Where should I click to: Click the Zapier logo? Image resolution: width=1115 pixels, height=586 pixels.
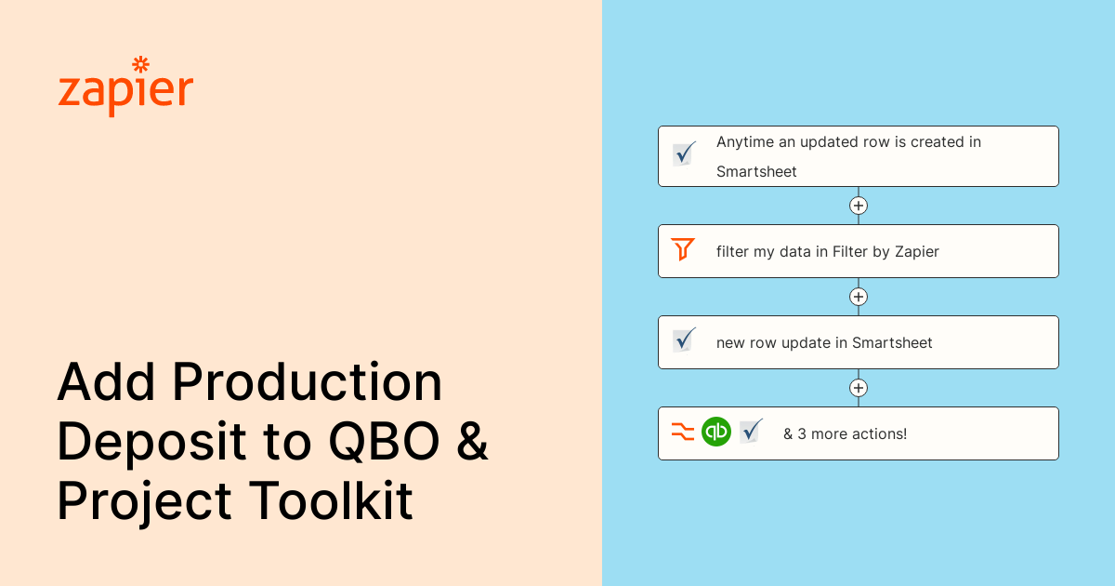(x=125, y=87)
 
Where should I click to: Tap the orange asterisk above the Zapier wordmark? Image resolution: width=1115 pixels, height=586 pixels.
(x=141, y=64)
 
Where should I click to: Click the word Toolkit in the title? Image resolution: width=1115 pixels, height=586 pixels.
(x=331, y=501)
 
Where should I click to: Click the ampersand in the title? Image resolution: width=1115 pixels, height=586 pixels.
(x=472, y=443)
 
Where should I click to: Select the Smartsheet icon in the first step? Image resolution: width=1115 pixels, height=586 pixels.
(x=685, y=154)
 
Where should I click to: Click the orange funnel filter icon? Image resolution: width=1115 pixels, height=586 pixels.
(x=683, y=249)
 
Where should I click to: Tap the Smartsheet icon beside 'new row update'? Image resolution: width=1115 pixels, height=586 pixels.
(x=685, y=340)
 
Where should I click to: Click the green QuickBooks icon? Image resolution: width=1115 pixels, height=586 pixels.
(x=716, y=432)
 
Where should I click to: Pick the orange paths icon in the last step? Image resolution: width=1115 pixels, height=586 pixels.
(x=683, y=432)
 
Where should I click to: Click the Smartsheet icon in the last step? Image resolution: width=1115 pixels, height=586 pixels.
(x=751, y=431)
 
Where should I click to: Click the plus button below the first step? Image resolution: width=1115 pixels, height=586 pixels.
(x=859, y=206)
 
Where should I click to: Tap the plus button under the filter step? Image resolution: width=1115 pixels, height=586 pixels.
(x=859, y=297)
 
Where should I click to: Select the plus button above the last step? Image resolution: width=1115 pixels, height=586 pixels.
(x=859, y=388)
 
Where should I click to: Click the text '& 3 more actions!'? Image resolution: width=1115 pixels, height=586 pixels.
(x=845, y=433)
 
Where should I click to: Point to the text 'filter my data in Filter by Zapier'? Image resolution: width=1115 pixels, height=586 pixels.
(x=827, y=251)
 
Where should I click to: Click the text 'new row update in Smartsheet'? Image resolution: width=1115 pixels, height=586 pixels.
(x=824, y=342)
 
